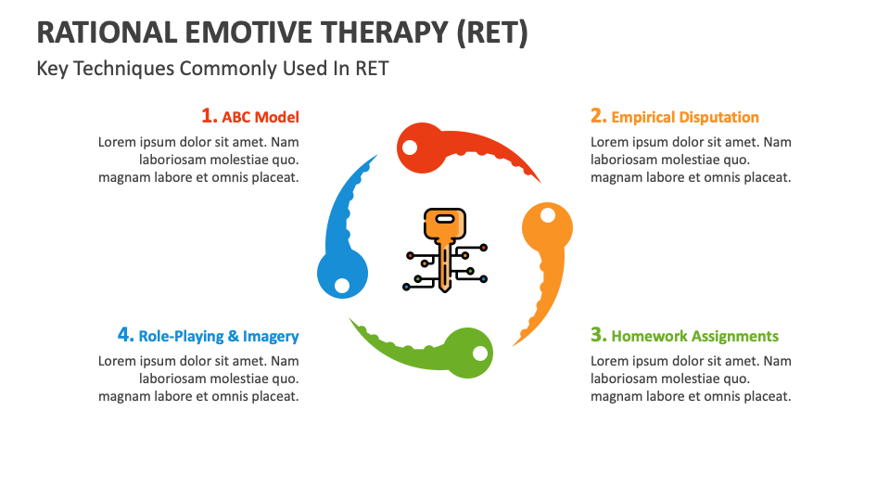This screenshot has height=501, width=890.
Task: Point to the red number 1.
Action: [210, 116]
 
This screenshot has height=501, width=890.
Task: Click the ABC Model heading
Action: [261, 117]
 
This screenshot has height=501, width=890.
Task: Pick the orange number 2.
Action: [599, 116]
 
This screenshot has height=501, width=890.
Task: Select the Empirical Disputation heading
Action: [685, 117]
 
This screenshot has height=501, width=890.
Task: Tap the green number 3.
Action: [599, 335]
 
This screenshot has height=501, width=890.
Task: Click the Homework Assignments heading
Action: [695, 336]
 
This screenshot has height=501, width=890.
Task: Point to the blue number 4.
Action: [126, 335]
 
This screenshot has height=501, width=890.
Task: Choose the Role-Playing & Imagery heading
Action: [219, 336]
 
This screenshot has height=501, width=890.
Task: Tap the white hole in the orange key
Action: [548, 216]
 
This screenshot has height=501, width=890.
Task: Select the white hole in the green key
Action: [479, 353]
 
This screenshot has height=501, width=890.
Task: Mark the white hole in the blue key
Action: [342, 284]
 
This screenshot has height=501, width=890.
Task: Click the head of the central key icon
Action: [445, 223]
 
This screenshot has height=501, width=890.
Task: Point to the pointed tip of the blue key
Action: [376, 155]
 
